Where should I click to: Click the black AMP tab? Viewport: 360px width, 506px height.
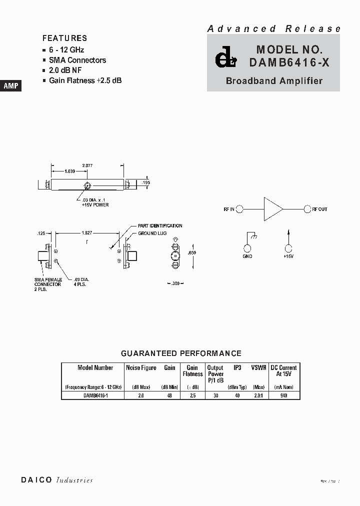tap(11, 85)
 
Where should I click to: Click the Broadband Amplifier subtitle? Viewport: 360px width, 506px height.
tap(274, 80)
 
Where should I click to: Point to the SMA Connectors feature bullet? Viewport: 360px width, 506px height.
tap(77, 60)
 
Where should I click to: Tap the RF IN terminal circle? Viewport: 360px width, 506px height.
tap(240, 209)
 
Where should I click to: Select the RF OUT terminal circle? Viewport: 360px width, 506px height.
tap(306, 209)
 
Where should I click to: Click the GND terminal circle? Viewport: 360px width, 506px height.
tap(247, 248)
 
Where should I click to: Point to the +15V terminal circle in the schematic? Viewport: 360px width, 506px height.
tap(288, 248)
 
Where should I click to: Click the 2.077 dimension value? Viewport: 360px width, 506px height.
tap(87, 165)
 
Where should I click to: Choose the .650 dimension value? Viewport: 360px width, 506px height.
tap(192, 253)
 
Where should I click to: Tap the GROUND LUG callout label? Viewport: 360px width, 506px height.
tap(152, 233)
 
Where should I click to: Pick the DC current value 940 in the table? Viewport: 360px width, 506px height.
tap(283, 395)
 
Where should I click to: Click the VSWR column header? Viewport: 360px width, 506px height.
tap(258, 367)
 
